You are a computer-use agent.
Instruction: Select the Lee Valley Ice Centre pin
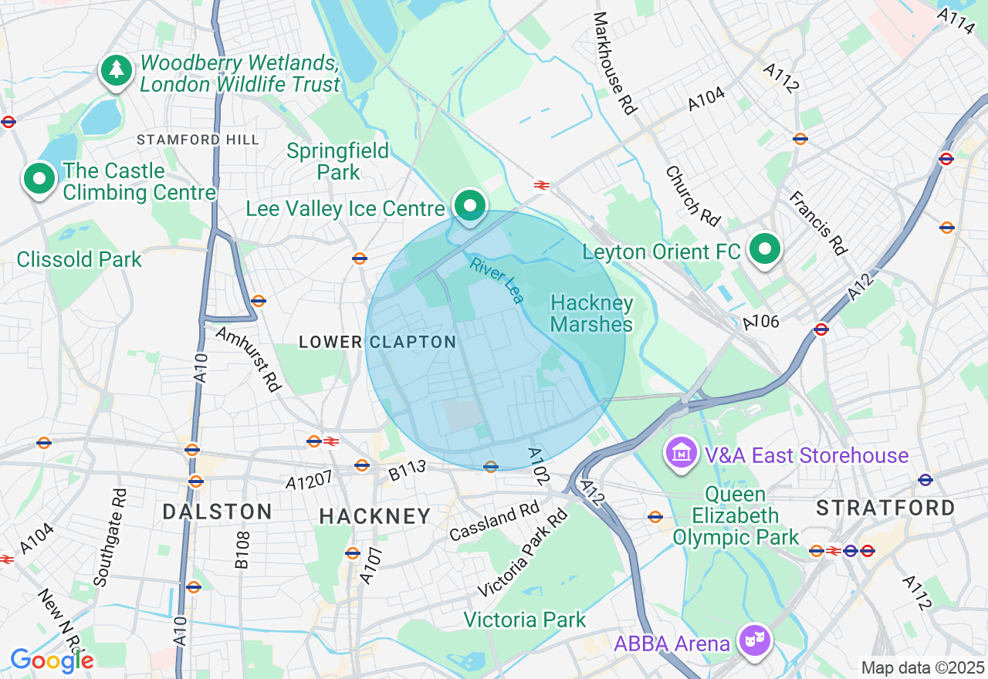click(x=469, y=206)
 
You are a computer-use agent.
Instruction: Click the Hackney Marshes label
click(x=592, y=313)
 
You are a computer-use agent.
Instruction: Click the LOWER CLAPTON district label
click(x=377, y=342)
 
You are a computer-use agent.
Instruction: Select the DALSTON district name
click(x=217, y=512)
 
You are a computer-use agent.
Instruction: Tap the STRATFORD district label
click(x=885, y=508)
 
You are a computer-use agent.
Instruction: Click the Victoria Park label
click(x=525, y=620)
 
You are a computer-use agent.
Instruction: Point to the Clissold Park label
click(x=80, y=259)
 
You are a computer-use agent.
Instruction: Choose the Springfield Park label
click(x=338, y=160)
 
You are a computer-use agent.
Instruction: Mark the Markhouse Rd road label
click(x=615, y=63)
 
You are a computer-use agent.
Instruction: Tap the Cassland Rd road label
click(x=494, y=521)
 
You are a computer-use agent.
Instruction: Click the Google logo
click(x=52, y=660)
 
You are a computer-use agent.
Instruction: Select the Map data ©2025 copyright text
click(x=923, y=667)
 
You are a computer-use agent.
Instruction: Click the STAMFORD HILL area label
click(x=198, y=140)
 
